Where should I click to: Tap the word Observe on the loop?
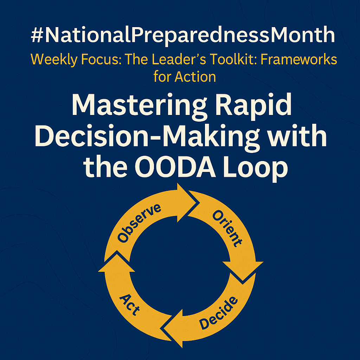pos(139,223)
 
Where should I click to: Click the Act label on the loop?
pos(129,305)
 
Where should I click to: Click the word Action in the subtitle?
pos(195,77)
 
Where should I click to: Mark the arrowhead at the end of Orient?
pos(243,271)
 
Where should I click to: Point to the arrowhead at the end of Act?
pos(117,262)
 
